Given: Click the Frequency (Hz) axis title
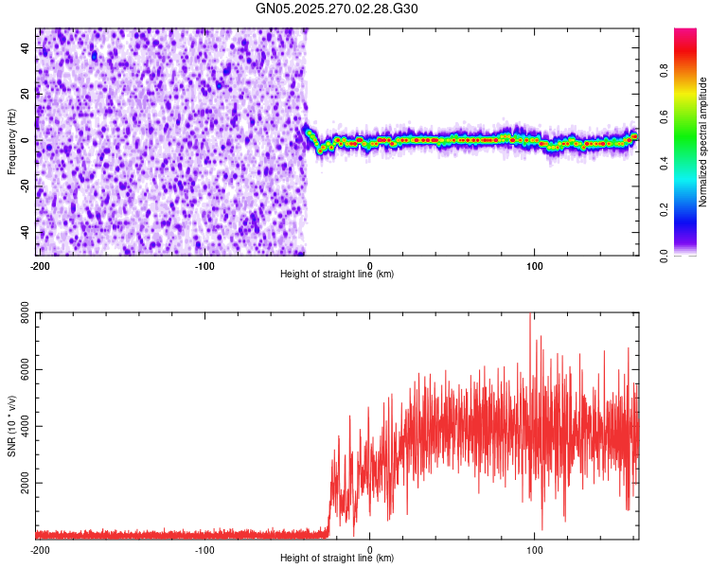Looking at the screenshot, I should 11,142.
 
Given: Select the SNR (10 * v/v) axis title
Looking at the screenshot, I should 11,426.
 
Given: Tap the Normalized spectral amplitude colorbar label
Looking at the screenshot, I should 703,142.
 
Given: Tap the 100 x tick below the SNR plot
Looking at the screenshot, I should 534,550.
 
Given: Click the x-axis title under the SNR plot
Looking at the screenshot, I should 337,559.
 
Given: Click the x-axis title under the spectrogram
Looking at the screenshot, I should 337,275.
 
